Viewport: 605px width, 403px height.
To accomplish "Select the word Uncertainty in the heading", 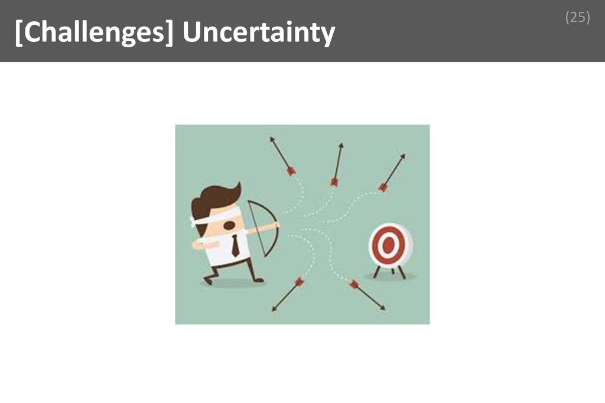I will click(259, 34).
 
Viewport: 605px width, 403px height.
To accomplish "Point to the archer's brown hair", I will click(215, 197).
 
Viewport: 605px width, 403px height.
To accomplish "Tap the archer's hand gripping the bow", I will click(275, 225).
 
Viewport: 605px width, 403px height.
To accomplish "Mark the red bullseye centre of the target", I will click(388, 245).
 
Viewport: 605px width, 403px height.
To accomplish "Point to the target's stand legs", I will click(390, 272).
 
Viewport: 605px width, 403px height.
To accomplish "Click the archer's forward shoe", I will click(258, 279).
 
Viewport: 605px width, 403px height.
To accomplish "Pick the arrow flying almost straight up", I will click(337, 164).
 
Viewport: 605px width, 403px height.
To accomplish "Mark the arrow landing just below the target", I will click(367, 295).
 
